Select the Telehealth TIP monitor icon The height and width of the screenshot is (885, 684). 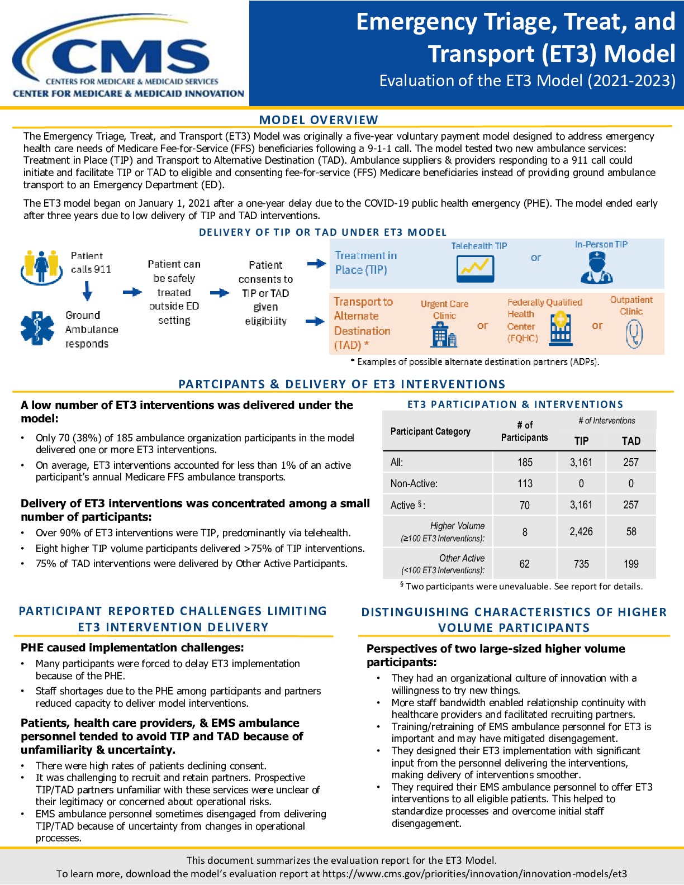[x=476, y=269]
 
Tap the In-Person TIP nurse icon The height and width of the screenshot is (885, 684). [x=597, y=267]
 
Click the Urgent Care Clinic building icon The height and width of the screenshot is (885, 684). [x=444, y=334]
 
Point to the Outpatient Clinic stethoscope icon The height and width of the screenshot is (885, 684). [x=634, y=334]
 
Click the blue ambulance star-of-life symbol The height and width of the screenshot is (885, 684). [x=37, y=328]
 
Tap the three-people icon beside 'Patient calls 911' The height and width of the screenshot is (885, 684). [x=41, y=266]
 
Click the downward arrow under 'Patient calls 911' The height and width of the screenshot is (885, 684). [x=87, y=291]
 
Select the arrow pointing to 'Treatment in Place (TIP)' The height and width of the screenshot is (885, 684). [x=317, y=264]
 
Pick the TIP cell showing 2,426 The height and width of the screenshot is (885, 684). [x=581, y=532]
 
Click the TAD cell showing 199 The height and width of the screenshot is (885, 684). [x=631, y=564]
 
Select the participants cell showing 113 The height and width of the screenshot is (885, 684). [x=525, y=484]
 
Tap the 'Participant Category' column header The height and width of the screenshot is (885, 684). [x=430, y=431]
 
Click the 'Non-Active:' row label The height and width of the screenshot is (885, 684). [x=414, y=484]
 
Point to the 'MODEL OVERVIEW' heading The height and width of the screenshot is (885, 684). [x=319, y=120]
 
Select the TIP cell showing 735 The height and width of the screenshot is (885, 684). [x=581, y=564]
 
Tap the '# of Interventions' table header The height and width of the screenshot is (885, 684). [x=606, y=421]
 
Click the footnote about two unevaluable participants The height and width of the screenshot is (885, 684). [x=521, y=586]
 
